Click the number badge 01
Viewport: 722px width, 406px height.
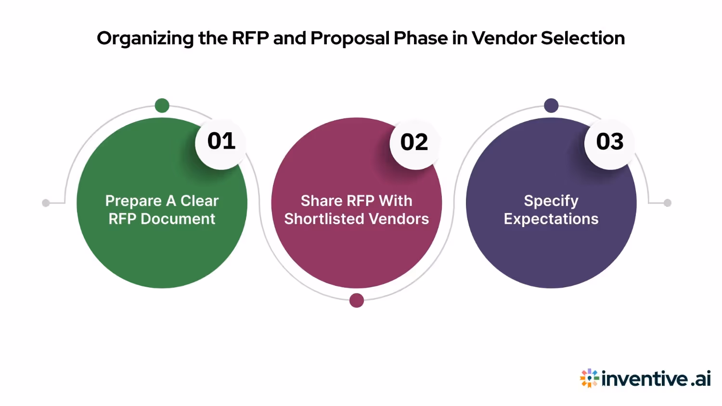[221, 142]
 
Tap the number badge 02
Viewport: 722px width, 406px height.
[414, 143]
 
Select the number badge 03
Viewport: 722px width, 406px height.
[610, 142]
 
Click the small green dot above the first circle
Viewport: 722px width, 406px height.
[162, 105]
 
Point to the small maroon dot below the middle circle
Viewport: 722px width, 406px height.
[357, 301]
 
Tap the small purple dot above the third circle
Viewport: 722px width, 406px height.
[551, 105]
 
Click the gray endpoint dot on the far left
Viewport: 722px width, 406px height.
[46, 203]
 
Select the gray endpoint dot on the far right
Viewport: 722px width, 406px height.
[668, 203]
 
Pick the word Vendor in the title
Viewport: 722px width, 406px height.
[503, 38]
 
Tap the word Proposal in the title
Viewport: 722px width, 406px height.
[350, 38]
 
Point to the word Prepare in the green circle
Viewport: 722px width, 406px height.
[133, 201]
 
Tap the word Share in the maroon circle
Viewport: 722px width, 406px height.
[318, 201]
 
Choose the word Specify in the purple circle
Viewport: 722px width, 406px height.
[551, 201]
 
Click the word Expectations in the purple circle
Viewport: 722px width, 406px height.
[551, 219]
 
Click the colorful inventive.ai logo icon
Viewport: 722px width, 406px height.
[589, 379]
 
